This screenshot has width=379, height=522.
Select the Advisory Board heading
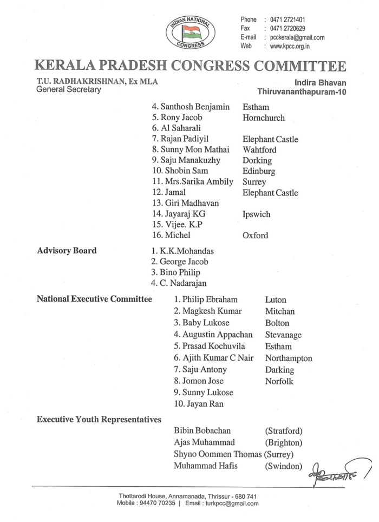point(67,251)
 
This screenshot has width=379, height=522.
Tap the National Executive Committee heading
point(94,299)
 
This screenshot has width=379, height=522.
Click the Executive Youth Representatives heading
point(99,419)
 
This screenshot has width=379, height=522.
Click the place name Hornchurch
point(264,118)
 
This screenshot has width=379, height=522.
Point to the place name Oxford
point(255,236)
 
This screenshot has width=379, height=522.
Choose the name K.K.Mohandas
point(183,251)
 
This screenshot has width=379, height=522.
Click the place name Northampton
point(289,358)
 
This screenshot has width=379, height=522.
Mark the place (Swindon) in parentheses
point(283,465)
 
